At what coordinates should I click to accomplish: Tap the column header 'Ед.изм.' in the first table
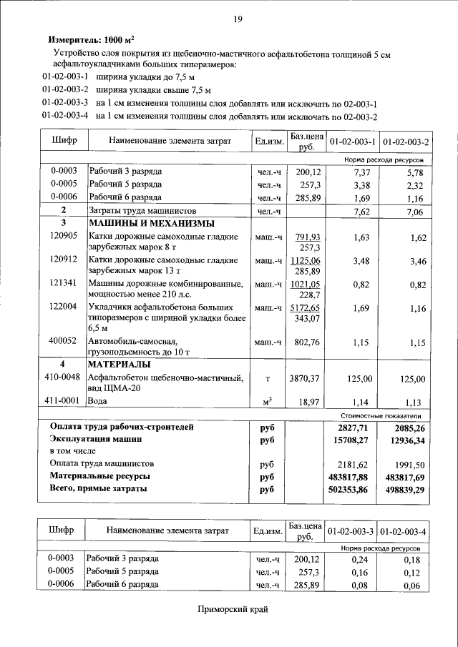[270, 142]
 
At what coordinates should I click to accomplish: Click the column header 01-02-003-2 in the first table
[405, 142]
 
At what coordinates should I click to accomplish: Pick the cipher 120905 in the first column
[64, 236]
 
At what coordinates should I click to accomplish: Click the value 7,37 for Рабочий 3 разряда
[361, 172]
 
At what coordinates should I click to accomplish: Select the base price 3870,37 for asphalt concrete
[304, 378]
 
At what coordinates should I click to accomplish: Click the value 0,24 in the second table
[361, 559]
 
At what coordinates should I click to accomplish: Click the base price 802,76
[306, 342]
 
